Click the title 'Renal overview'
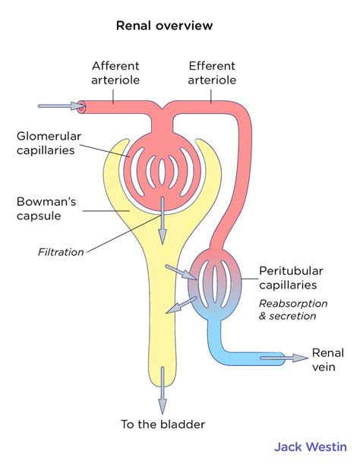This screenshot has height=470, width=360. pyautogui.click(x=164, y=26)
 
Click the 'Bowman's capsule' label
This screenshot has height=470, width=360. pyautogui.click(x=45, y=210)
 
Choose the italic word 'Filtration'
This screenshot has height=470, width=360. pyautogui.click(x=61, y=252)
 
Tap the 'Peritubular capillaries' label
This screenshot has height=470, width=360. pyautogui.click(x=292, y=278)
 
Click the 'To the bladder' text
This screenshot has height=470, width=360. pyautogui.click(x=163, y=424)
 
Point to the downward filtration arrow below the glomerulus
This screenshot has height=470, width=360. pyautogui.click(x=161, y=220)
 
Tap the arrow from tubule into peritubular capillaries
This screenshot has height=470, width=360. pyautogui.click(x=183, y=273)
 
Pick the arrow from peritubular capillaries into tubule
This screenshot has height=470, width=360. pyautogui.click(x=178, y=307)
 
